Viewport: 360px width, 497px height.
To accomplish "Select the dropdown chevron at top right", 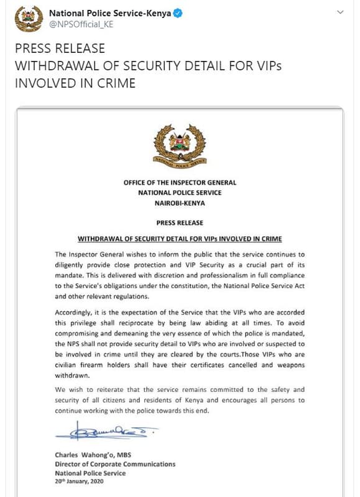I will click(x=340, y=13).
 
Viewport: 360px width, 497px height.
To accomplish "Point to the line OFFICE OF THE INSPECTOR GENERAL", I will click(x=180, y=183).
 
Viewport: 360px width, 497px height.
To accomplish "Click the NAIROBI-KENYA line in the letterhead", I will click(x=180, y=203).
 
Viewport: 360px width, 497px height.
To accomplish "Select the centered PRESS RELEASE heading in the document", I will click(x=180, y=223).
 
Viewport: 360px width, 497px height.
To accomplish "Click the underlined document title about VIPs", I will click(x=180, y=239).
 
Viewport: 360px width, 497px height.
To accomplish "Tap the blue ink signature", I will click(x=106, y=430).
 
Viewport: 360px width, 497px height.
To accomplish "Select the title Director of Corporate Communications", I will click(x=115, y=464).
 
